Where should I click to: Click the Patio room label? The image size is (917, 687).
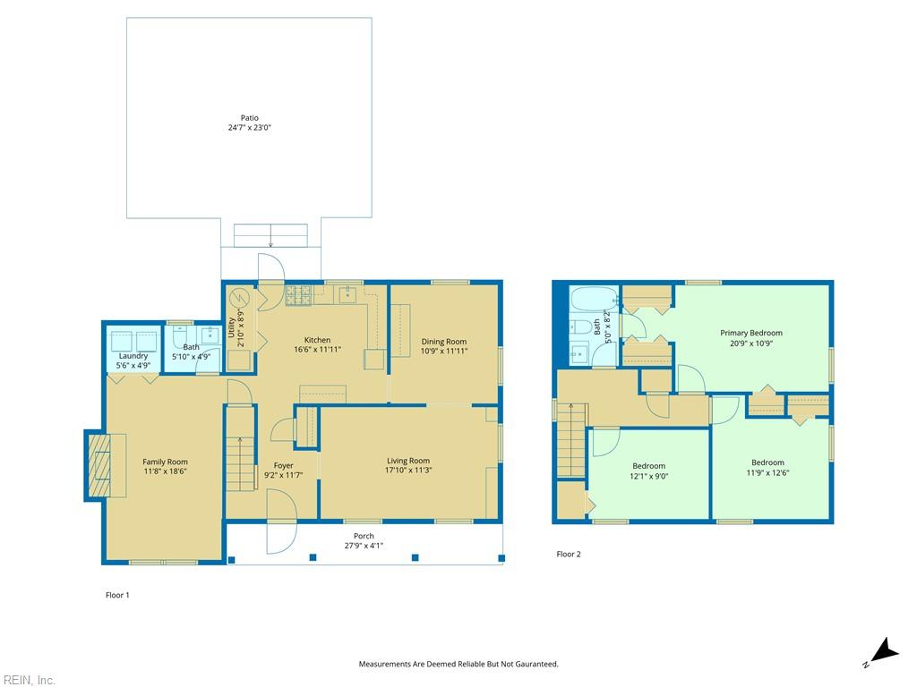(249, 117)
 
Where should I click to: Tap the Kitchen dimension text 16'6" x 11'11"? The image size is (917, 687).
(317, 351)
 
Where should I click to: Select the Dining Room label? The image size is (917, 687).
(444, 342)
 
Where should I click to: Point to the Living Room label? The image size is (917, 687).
(407, 461)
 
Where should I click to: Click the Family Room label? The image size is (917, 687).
(165, 462)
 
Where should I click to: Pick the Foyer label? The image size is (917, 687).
(283, 465)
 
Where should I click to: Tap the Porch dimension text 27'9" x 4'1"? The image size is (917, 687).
(364, 547)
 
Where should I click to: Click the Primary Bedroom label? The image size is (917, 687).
(750, 333)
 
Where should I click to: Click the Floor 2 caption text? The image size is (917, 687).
(569, 555)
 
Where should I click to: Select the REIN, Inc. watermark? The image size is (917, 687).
(28, 680)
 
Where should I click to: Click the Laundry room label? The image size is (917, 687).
(133, 355)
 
